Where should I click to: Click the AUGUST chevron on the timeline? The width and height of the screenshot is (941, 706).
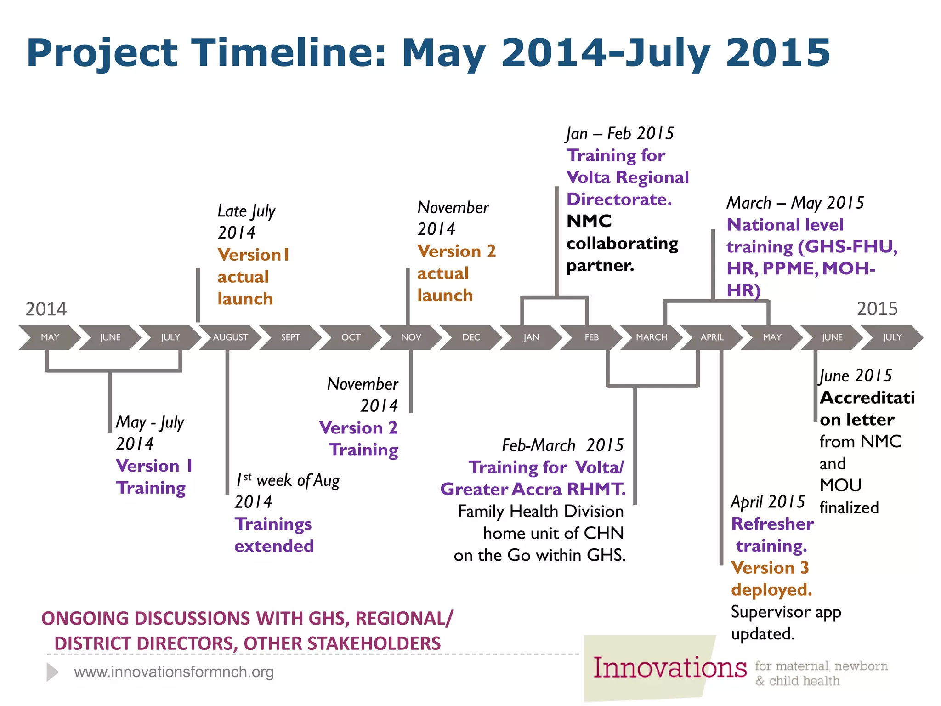pos(230,337)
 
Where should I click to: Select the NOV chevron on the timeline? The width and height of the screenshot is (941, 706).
pos(411,337)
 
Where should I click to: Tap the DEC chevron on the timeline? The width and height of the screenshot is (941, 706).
pos(471,337)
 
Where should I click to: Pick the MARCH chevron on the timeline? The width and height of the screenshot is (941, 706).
pos(651,337)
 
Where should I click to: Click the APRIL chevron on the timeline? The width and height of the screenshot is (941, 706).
pos(712,337)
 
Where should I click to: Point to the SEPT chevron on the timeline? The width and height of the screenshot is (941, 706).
pos(290,337)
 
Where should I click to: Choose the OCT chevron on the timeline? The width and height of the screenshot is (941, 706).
pos(351,337)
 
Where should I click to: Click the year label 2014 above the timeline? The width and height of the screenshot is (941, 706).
pos(46,309)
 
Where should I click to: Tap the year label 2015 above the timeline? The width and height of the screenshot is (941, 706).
pos(877,308)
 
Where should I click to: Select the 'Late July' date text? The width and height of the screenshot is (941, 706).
pos(246,211)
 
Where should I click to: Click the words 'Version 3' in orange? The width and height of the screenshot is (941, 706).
pos(770,568)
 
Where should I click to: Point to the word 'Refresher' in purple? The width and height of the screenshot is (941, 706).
pos(772,524)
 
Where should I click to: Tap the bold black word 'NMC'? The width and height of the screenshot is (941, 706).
pos(589,221)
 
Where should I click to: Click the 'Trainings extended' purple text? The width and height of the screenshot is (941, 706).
pos(274,535)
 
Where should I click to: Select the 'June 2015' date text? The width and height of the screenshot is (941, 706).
pos(856,376)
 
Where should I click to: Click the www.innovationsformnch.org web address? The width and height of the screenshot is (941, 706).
pos(174,672)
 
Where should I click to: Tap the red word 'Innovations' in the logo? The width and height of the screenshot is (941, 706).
pos(669,668)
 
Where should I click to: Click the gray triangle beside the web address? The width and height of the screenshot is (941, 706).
pos(52,672)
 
